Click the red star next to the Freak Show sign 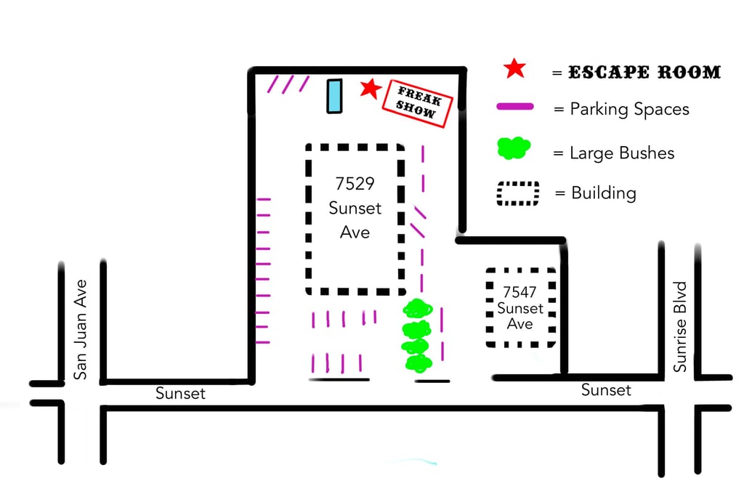[371, 89]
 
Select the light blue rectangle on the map [333, 96]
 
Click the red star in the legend [514, 69]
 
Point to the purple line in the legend [514, 108]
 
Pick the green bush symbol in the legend [514, 149]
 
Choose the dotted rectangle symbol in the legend [517, 193]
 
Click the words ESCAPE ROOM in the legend [644, 73]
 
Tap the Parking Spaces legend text [629, 109]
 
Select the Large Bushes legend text [622, 153]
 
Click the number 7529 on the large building [355, 182]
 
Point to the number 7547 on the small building [520, 292]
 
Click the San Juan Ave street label [81, 328]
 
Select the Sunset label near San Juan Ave [181, 393]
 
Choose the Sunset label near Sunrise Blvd [606, 390]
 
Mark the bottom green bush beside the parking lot [418, 363]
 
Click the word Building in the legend [603, 193]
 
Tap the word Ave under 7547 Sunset [520, 324]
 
